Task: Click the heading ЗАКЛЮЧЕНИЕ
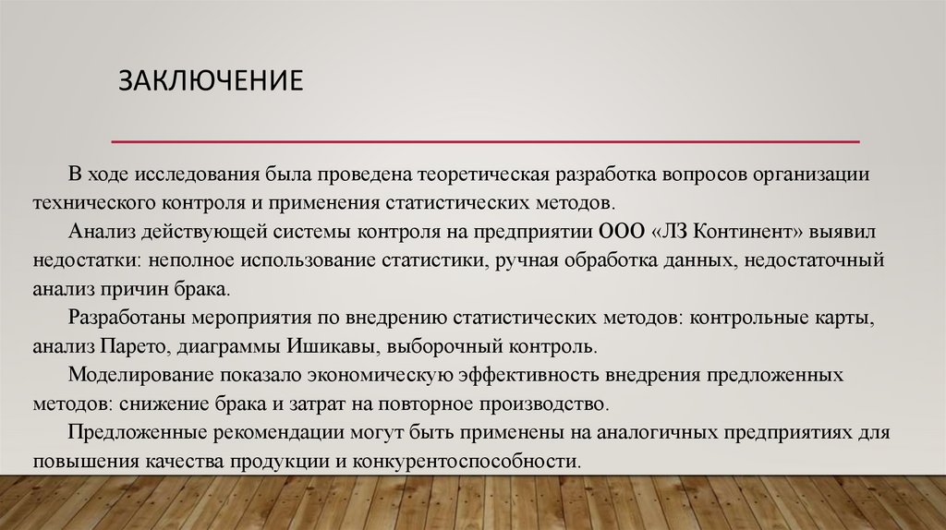[x=211, y=79]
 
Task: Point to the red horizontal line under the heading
[x=485, y=142]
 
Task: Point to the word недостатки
[x=82, y=261]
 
